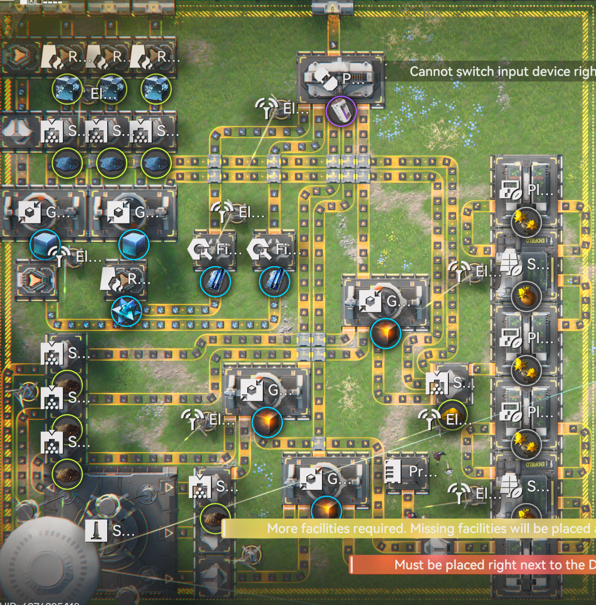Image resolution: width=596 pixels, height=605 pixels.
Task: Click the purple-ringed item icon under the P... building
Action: (341, 111)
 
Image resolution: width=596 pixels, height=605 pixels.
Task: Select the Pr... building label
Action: (422, 472)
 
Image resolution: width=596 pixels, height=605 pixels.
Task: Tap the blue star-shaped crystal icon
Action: (126, 311)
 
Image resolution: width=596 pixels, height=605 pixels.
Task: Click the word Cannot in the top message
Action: (431, 72)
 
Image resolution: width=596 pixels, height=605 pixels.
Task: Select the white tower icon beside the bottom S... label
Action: (96, 530)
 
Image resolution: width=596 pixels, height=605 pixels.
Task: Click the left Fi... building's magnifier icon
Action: (200, 249)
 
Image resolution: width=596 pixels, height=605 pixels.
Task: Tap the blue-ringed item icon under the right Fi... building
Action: (274, 281)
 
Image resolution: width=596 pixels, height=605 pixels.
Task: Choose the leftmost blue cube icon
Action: (45, 244)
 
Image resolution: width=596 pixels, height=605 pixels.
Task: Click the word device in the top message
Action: (547, 72)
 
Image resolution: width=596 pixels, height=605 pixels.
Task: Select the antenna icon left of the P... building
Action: (267, 107)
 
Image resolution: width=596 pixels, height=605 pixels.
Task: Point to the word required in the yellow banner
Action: (378, 529)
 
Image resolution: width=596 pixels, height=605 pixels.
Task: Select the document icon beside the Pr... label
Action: (393, 471)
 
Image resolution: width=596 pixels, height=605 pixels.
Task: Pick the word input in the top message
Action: (511, 72)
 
